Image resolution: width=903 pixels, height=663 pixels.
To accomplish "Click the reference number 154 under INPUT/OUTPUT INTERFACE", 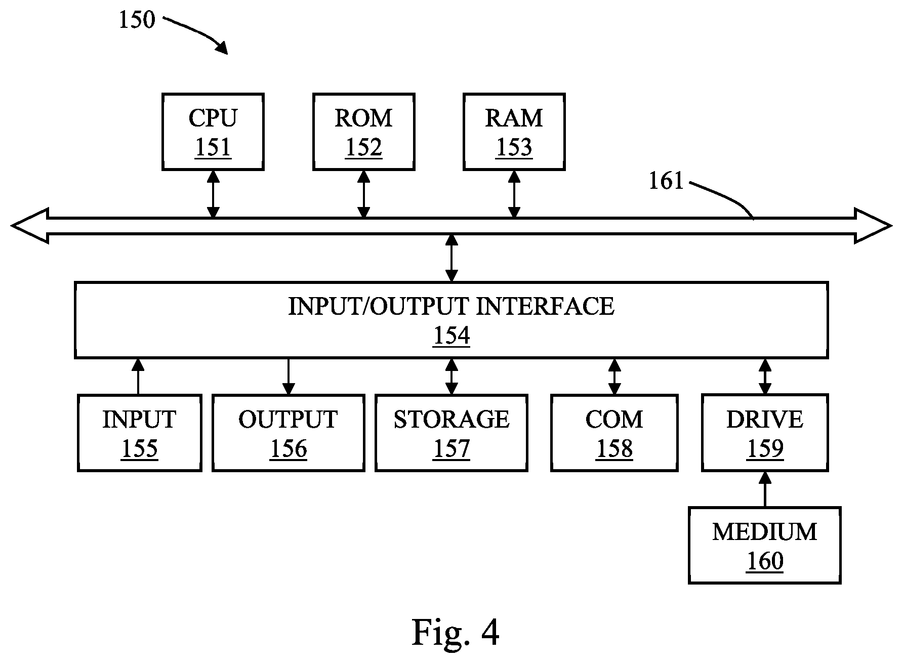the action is coord(451,336).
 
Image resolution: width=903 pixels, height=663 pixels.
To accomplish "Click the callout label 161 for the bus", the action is coord(666,181).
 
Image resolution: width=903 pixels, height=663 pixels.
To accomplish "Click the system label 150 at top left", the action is coord(137,20).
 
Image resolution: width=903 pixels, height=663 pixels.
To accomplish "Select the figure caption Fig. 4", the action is coord(456,633).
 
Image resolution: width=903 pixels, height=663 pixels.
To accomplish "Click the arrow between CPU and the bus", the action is coord(214,194).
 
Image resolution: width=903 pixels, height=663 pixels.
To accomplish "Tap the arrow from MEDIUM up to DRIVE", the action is coord(765,489).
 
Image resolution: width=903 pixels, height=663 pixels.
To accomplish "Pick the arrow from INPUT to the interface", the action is coord(138,377).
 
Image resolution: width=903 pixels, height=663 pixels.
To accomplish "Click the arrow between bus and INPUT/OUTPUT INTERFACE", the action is coord(451,258).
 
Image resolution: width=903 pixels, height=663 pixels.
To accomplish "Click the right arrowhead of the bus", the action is coord(873,226).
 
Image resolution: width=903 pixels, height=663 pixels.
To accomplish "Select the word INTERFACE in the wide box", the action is coord(546,306).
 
